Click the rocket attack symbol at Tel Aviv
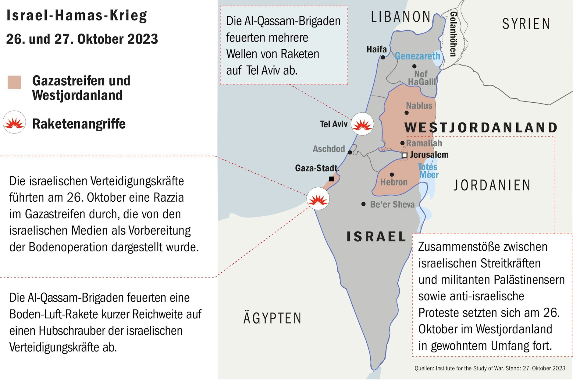pyautogui.click(x=362, y=124)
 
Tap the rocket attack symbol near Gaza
pyautogui.click(x=318, y=199)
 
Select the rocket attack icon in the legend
pyautogui.click(x=14, y=122)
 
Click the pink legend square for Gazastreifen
pyautogui.click(x=14, y=82)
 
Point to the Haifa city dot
pyautogui.click(x=383, y=57)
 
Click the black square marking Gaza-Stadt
pyautogui.click(x=331, y=179)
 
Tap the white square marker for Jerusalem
pyautogui.click(x=404, y=155)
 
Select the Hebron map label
pyautogui.click(x=394, y=182)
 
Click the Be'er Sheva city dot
pyautogui.click(x=363, y=204)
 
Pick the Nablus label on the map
pyautogui.click(x=419, y=106)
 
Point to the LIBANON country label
pyautogui.click(x=400, y=17)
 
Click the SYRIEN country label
pyautogui.click(x=526, y=24)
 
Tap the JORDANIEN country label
pyautogui.click(x=492, y=185)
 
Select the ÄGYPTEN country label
pyautogui.click(x=272, y=318)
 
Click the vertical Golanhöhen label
pyautogui.click(x=453, y=34)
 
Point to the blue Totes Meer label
pyautogui.click(x=428, y=171)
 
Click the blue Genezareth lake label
pyautogui.click(x=417, y=56)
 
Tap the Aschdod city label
pyautogui.click(x=329, y=149)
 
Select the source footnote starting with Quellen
pyautogui.click(x=489, y=368)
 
